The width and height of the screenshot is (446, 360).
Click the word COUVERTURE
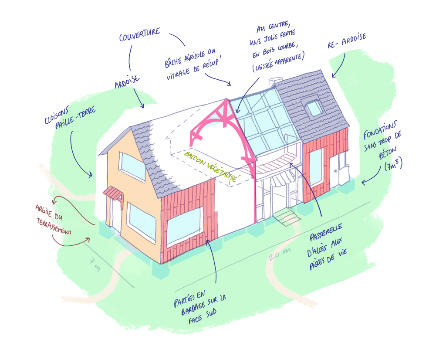(x=139, y=35)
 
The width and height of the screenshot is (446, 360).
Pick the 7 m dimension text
(x=95, y=264)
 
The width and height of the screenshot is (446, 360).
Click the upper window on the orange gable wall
(x=132, y=166)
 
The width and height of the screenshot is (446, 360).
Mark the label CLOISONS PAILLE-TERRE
(x=69, y=120)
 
